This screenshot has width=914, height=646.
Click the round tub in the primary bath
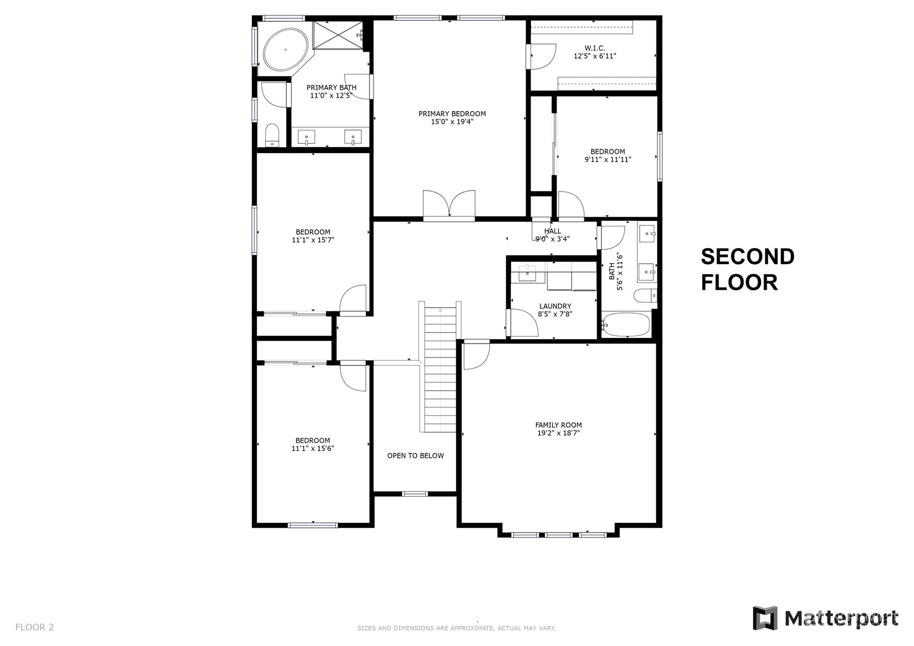tap(286, 50)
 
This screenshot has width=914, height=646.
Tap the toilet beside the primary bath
tap(272, 135)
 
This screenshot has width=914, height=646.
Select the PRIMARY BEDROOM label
tap(452, 114)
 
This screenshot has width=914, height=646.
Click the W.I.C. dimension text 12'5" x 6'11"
tap(595, 56)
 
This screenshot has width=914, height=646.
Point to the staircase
tap(440, 369)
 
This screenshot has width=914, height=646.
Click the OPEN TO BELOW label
tap(416, 456)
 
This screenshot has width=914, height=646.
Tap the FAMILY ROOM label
tap(559, 425)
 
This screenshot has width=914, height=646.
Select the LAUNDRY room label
tap(556, 306)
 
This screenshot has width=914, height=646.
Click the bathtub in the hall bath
tap(625, 325)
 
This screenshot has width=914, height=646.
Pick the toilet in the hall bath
tap(645, 295)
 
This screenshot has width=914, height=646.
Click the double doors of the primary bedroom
tap(449, 205)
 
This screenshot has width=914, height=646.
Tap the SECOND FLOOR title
tap(748, 270)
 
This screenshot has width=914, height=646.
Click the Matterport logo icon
tap(765, 618)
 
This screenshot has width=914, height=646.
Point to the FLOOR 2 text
tap(34, 627)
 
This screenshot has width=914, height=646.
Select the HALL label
tap(553, 231)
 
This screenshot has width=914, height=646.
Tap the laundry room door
tap(522, 323)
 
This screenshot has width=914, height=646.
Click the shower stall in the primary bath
tap(338, 36)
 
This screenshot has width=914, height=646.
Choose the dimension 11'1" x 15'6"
tap(313, 448)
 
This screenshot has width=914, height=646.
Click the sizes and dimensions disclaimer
tap(457, 628)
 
